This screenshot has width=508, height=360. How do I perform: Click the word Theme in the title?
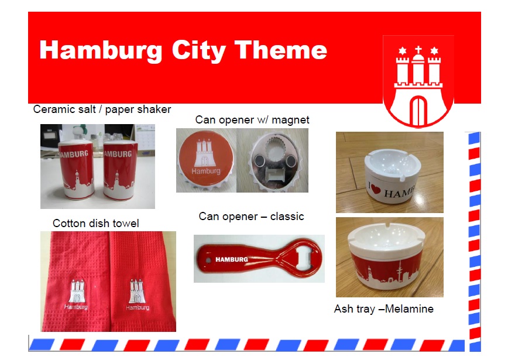point(280,50)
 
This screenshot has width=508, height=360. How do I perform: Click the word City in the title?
point(198,51)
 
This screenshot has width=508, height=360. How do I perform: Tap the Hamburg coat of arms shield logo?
point(418,81)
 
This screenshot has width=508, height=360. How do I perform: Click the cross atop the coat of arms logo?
point(418,50)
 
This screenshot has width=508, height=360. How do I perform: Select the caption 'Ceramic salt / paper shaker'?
point(102,109)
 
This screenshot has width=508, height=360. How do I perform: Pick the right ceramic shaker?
point(120,170)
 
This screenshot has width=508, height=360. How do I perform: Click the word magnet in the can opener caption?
point(290,120)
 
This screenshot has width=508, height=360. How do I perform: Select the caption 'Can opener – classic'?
point(252,216)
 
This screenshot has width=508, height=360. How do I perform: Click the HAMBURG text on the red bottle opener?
point(232,259)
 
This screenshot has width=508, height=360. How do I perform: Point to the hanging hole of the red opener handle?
point(208,260)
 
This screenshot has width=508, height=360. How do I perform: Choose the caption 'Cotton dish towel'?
point(96,223)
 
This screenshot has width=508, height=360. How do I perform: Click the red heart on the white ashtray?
point(375,188)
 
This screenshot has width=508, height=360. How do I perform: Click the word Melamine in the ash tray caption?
point(409,309)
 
